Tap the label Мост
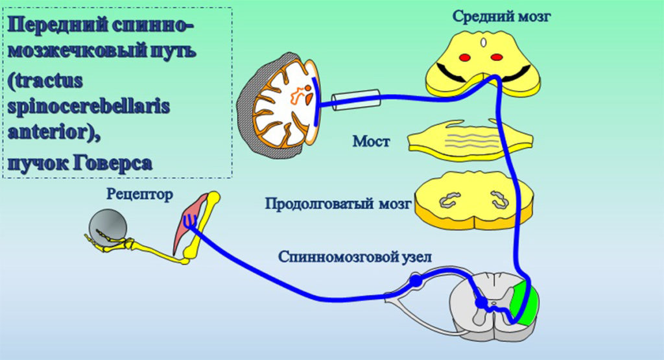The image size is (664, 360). (372, 140)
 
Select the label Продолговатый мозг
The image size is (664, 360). (338, 204)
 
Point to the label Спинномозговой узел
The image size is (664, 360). (358, 256)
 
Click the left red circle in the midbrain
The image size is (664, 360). (465, 58)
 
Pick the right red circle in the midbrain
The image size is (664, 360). (496, 58)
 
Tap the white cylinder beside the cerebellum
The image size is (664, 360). (355, 99)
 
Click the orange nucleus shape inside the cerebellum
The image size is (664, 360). (300, 95)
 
